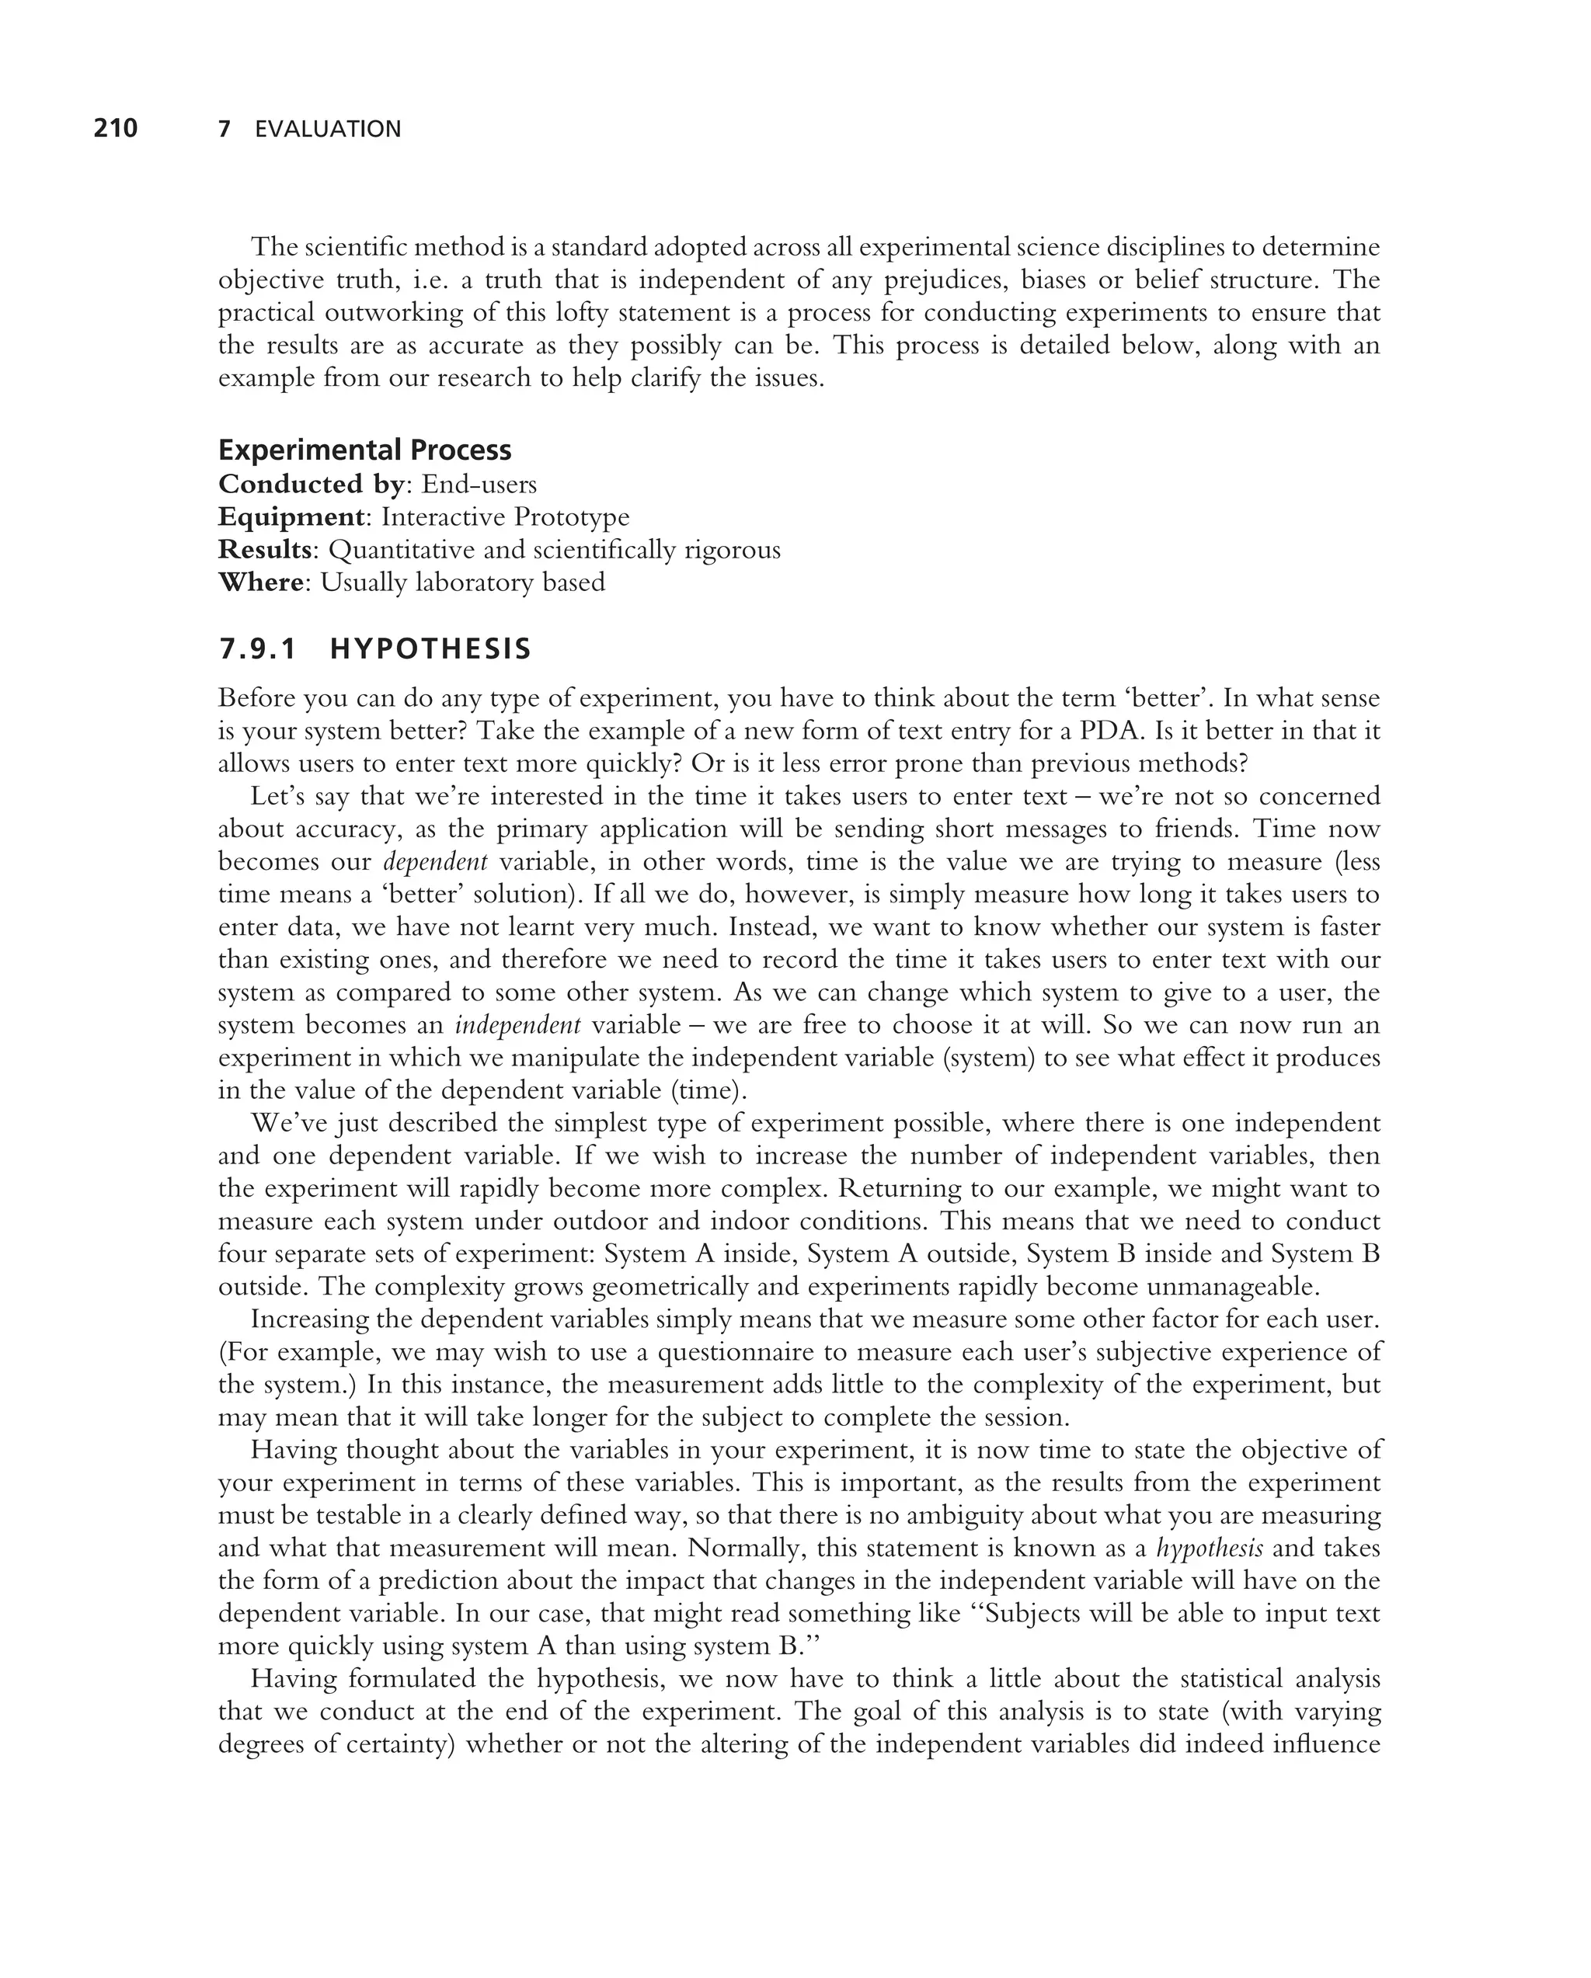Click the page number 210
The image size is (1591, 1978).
(116, 128)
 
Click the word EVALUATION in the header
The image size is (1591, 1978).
(328, 130)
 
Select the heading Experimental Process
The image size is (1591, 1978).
(364, 450)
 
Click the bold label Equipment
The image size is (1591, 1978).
(291, 516)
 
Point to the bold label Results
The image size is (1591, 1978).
(264, 550)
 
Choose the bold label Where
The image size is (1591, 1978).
(260, 582)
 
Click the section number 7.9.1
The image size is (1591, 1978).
(258, 649)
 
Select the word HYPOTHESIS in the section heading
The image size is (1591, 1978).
(430, 649)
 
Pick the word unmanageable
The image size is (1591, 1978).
(1227, 1286)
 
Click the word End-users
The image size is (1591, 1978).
(479, 484)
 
